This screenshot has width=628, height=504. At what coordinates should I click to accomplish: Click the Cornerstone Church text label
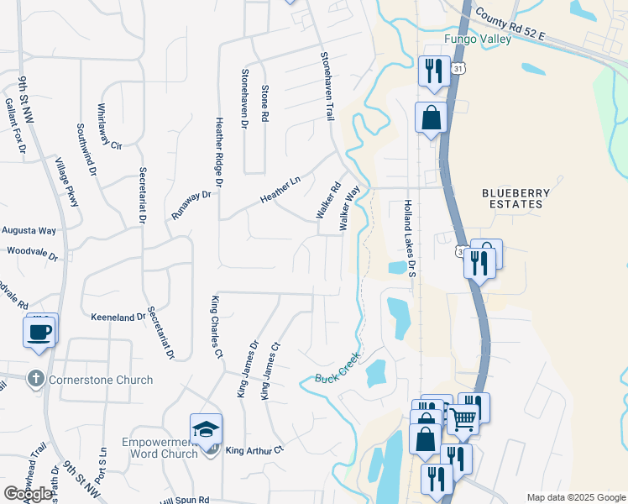[101, 380]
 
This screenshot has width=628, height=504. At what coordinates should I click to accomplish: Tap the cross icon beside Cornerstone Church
[35, 379]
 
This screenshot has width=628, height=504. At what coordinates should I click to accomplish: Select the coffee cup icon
[41, 331]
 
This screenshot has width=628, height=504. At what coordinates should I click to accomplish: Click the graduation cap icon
[206, 429]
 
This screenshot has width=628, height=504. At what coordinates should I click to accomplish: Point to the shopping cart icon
[463, 418]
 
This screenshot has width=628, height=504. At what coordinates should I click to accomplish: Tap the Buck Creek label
[338, 367]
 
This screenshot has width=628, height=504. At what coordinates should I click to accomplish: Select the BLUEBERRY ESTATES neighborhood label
[516, 198]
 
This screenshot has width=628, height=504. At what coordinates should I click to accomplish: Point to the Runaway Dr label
[191, 205]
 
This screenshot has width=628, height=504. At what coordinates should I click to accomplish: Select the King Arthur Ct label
[255, 450]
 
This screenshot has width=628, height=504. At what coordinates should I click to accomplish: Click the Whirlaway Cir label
[110, 126]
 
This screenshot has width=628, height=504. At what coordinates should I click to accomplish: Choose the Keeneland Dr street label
[118, 318]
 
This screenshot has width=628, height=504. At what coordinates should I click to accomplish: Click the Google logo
[29, 494]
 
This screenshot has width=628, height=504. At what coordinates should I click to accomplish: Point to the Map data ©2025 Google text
[575, 497]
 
